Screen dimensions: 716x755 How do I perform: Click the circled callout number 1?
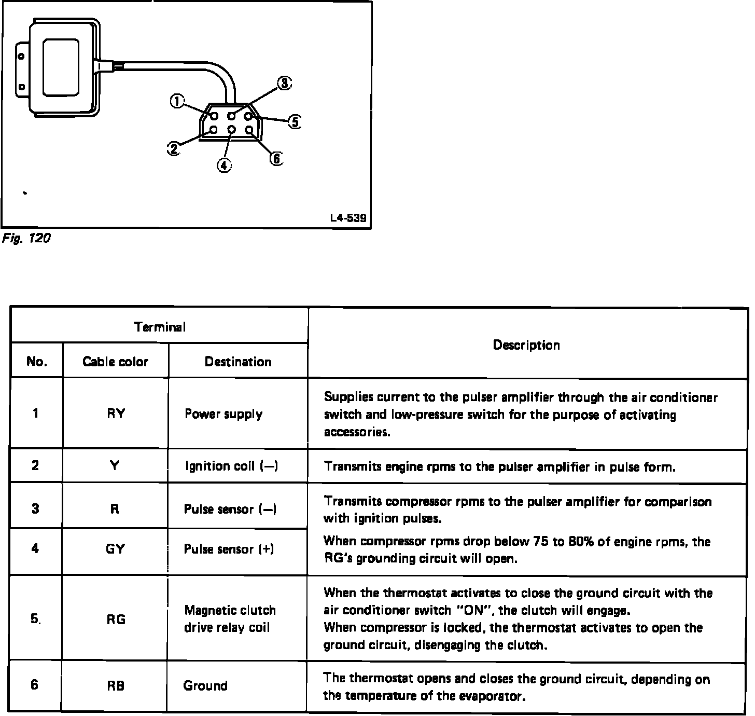pyautogui.click(x=177, y=101)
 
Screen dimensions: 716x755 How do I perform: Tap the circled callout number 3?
pyautogui.click(x=284, y=84)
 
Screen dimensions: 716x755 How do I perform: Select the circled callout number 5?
pyautogui.click(x=294, y=122)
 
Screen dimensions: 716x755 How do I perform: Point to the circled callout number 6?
pyautogui.click(x=277, y=158)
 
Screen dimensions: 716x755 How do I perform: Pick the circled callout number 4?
pyautogui.click(x=223, y=165)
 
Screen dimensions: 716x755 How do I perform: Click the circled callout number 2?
pyautogui.click(x=173, y=149)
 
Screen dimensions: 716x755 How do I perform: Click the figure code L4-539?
pyautogui.click(x=348, y=218)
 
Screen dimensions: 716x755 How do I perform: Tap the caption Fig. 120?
pyautogui.click(x=25, y=239)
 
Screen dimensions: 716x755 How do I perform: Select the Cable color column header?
pyautogui.click(x=115, y=361)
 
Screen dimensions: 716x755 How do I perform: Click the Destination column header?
pyautogui.click(x=238, y=361)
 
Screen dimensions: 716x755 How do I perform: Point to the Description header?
pyautogui.click(x=526, y=345)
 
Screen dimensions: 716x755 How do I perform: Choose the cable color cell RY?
pyautogui.click(x=116, y=414)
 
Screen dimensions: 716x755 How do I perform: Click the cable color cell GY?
pyautogui.click(x=115, y=549)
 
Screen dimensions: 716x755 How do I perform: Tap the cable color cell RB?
pyautogui.click(x=116, y=685)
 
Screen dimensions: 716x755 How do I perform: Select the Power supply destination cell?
pyautogui.click(x=223, y=414)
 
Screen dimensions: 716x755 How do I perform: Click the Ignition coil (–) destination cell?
pyautogui.click(x=232, y=466)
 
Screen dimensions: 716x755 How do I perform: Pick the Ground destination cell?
pyautogui.click(x=205, y=685)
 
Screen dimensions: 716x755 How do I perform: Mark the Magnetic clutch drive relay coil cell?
pyautogui.click(x=230, y=618)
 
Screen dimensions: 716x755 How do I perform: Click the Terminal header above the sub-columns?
pyautogui.click(x=159, y=327)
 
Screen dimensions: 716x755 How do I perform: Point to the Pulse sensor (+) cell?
pyautogui.click(x=229, y=549)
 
